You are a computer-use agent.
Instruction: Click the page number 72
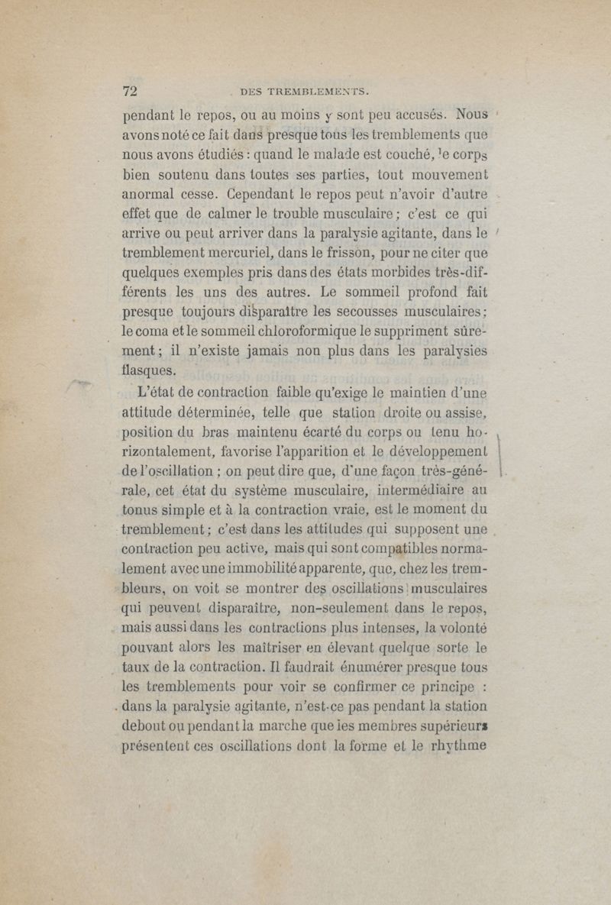pyautogui.click(x=130, y=91)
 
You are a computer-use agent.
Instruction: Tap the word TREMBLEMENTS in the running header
pyautogui.click(x=315, y=92)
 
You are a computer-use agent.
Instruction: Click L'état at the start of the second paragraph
pyautogui.click(x=158, y=395)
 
